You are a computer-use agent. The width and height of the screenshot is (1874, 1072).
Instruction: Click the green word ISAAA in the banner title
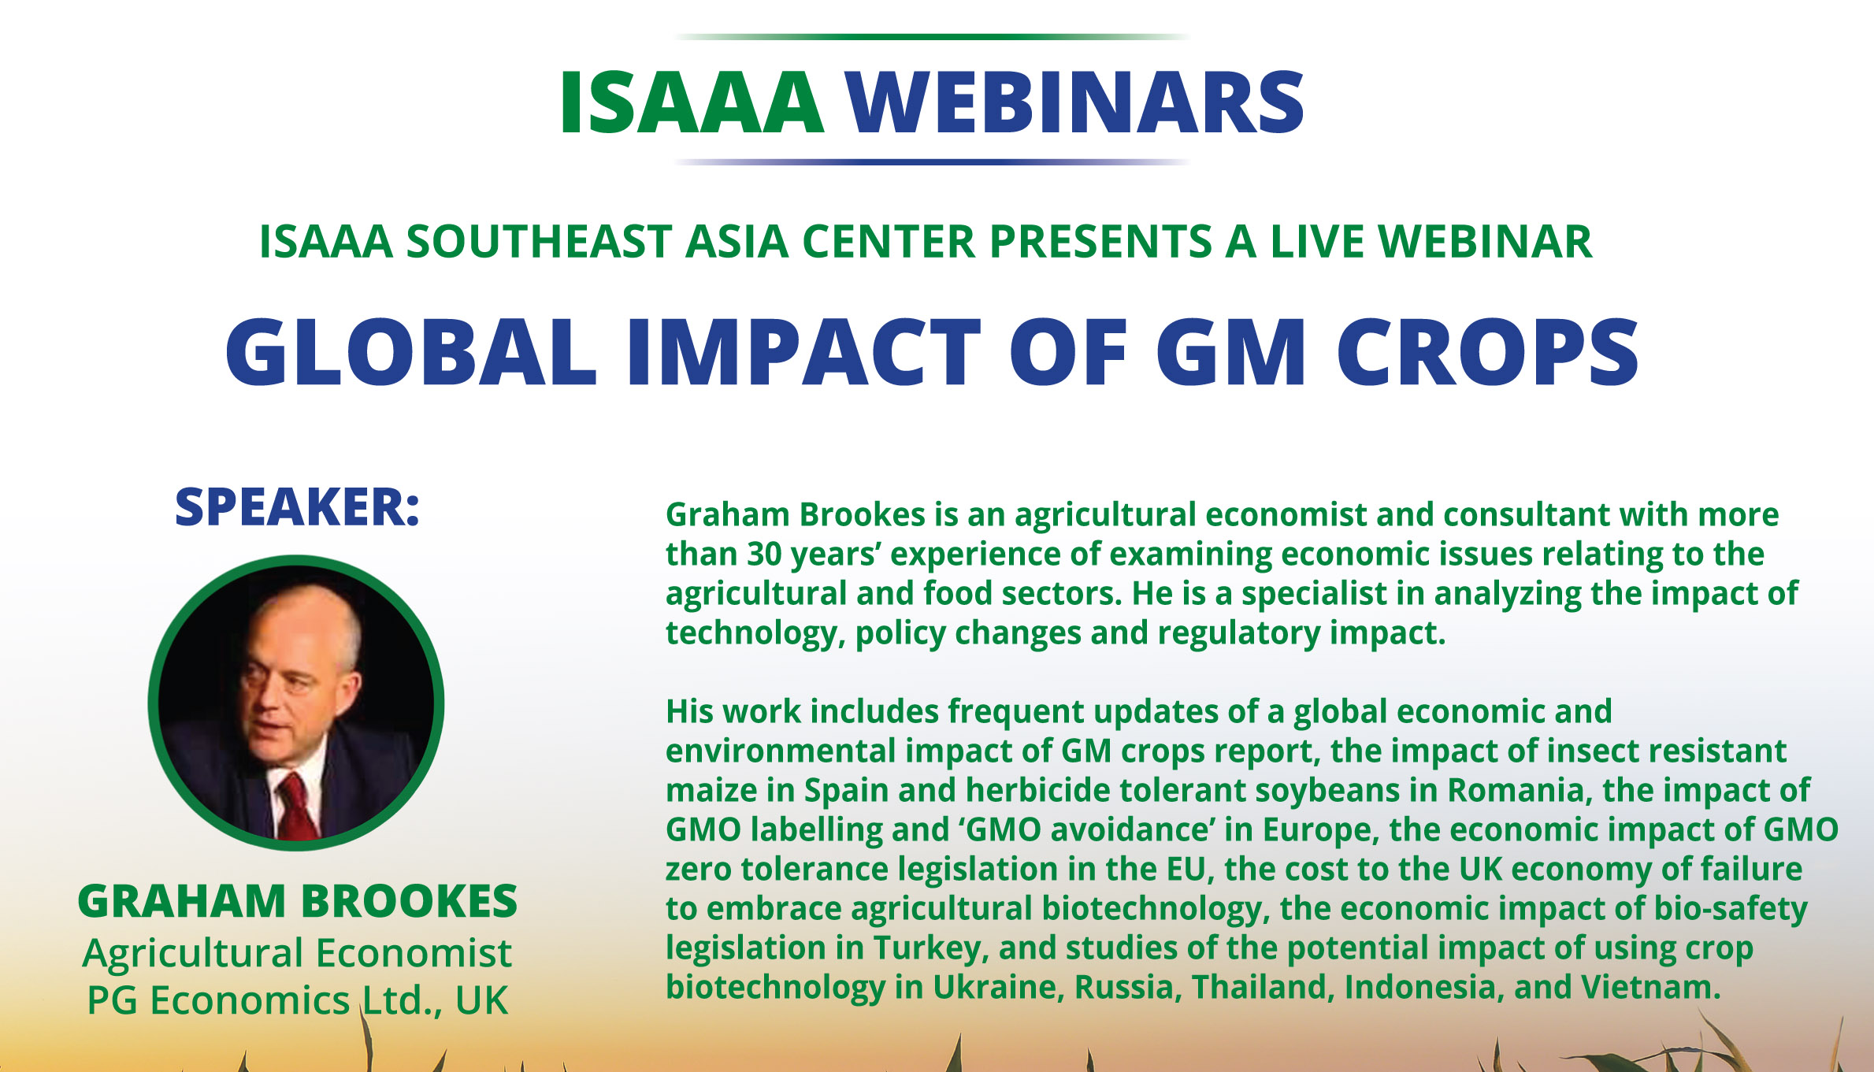(692, 103)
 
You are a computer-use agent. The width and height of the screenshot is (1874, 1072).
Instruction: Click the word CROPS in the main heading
(1487, 352)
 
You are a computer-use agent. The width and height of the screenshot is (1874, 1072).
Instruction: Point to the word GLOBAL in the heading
(410, 352)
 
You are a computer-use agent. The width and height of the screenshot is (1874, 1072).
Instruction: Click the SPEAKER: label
(297, 506)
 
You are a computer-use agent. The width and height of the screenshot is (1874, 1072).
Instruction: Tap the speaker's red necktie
(298, 807)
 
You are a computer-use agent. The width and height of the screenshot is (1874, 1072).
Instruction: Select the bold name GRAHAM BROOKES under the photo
(297, 901)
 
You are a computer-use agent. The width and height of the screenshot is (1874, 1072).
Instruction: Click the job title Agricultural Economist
(297, 954)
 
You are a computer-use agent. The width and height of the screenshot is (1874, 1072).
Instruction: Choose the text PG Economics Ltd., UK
(297, 1000)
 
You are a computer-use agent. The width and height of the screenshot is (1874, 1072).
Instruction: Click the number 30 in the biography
(764, 555)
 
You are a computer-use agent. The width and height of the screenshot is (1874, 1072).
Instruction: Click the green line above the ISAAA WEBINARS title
(933, 36)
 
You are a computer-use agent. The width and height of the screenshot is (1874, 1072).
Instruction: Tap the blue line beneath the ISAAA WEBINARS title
(933, 162)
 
